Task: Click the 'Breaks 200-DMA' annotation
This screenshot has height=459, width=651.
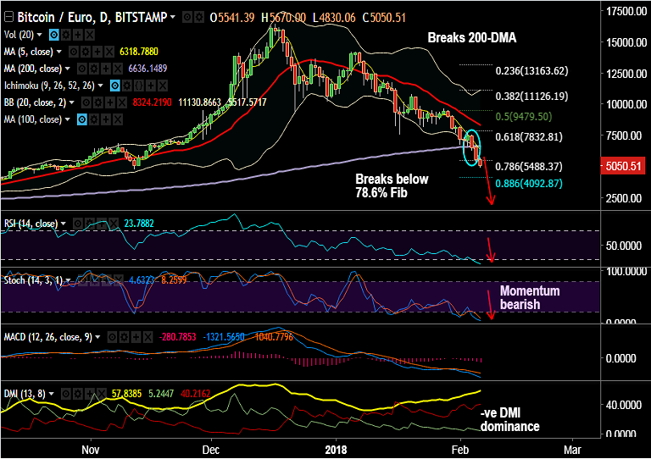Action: pyautogui.click(x=471, y=38)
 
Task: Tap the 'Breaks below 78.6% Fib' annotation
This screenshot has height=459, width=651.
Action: pyautogui.click(x=392, y=186)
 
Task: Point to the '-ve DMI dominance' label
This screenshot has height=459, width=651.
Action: pyautogui.click(x=509, y=420)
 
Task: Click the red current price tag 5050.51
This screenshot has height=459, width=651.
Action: pyautogui.click(x=623, y=166)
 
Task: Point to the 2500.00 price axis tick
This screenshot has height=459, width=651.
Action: pyautogui.click(x=623, y=198)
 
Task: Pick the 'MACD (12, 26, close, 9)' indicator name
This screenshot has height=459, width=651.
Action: pyautogui.click(x=48, y=336)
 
